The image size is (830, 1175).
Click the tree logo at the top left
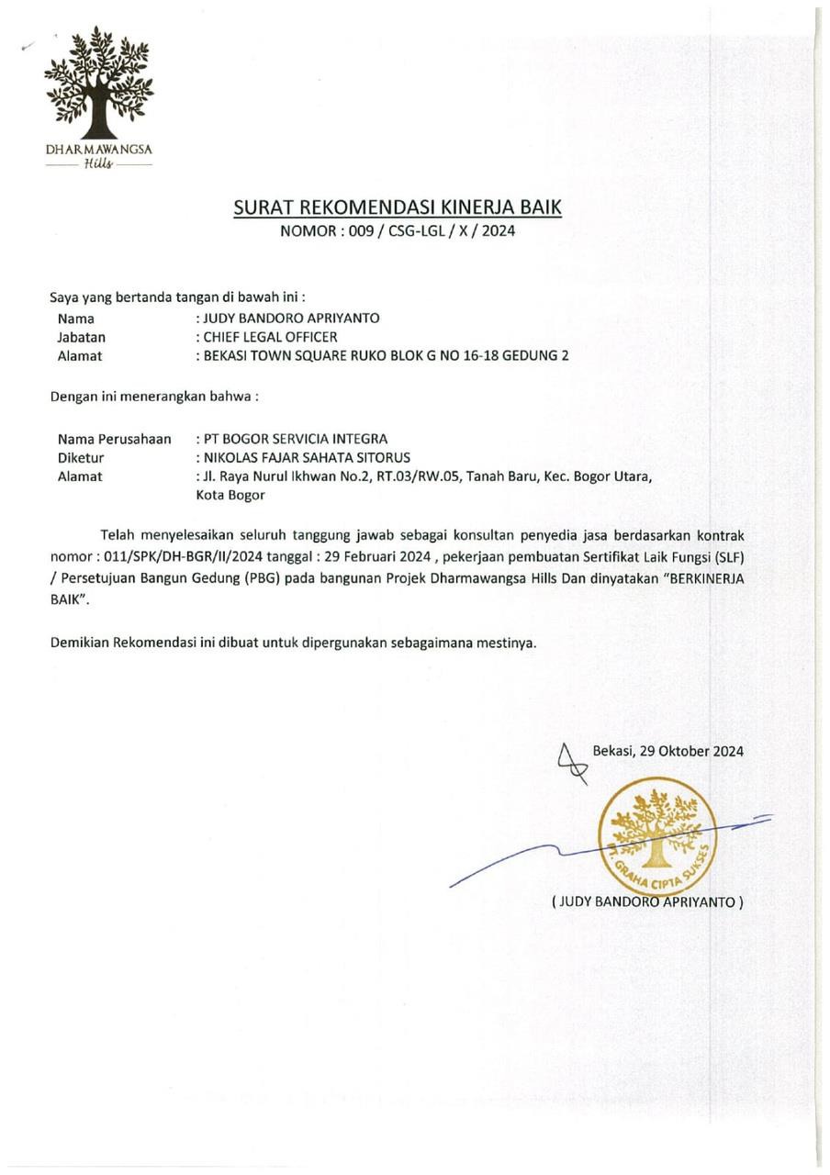tap(99, 83)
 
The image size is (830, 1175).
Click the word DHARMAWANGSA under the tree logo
tap(99, 149)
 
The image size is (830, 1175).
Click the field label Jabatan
tap(82, 337)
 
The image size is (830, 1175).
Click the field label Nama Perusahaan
tap(115, 439)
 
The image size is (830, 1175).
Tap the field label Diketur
tap(81, 457)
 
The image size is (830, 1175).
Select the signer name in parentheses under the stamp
tap(647, 901)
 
